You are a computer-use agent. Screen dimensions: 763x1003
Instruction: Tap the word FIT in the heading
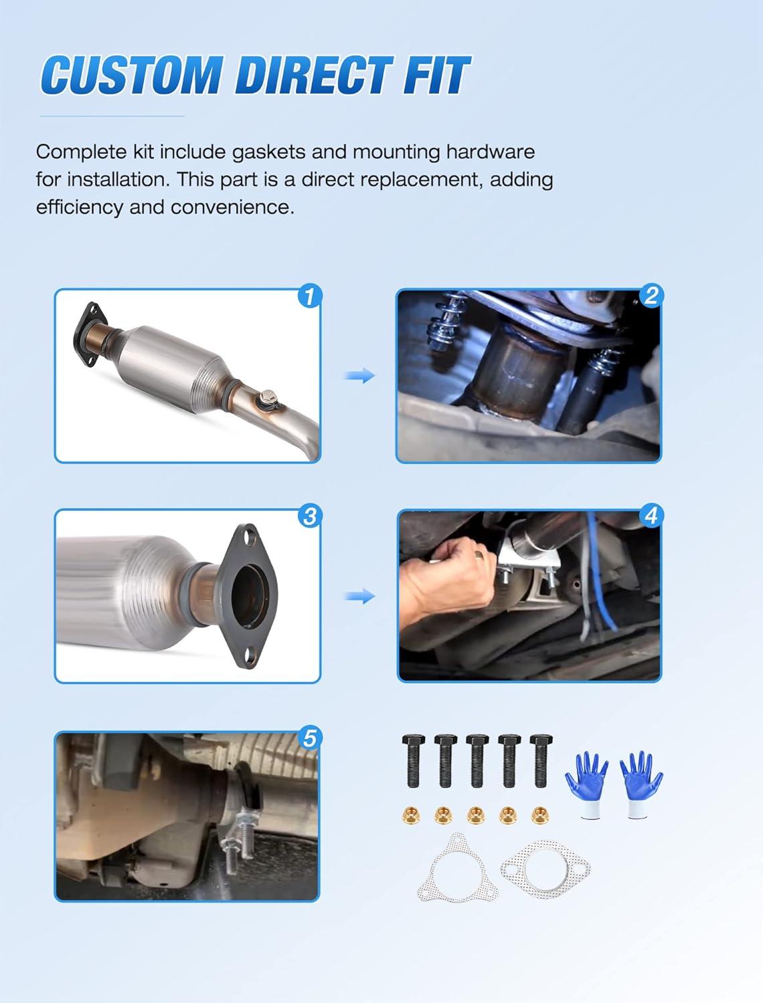(x=436, y=75)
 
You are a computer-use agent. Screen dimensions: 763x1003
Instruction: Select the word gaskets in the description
(x=268, y=152)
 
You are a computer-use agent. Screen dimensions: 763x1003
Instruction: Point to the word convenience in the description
(x=232, y=207)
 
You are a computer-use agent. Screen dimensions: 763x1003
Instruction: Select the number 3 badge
(x=310, y=516)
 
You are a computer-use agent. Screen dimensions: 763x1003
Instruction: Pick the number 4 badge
(x=651, y=515)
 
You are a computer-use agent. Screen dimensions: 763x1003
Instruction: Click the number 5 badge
(x=309, y=738)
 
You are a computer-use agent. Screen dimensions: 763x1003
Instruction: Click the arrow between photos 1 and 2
(x=359, y=376)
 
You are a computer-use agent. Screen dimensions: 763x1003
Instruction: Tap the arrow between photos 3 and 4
(x=359, y=596)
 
